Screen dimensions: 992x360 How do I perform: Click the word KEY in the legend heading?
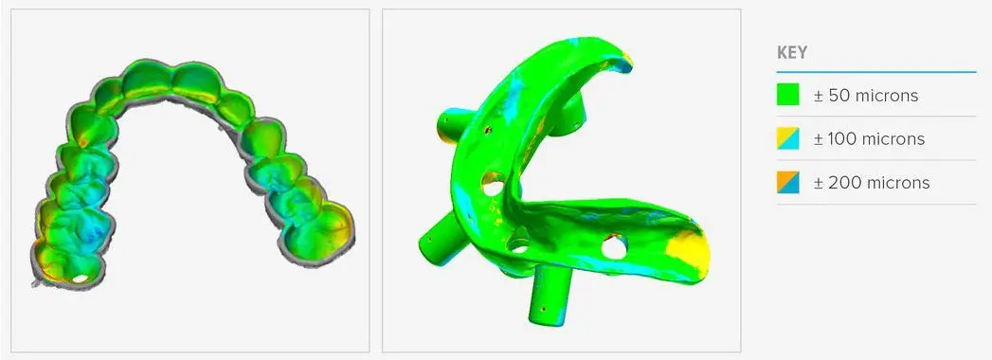point(792,52)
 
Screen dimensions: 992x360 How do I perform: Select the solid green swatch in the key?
point(787,95)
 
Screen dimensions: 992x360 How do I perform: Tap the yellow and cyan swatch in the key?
point(787,138)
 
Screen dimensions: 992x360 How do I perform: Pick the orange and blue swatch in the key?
point(787,182)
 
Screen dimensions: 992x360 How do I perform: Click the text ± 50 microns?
point(865,96)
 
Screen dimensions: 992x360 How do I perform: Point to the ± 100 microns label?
point(869,139)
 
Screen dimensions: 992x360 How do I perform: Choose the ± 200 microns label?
point(872,183)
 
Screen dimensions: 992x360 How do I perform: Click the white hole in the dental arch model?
point(81,279)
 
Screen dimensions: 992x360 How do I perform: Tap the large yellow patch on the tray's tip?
point(688,253)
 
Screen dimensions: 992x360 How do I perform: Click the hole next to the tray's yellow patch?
point(614,246)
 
